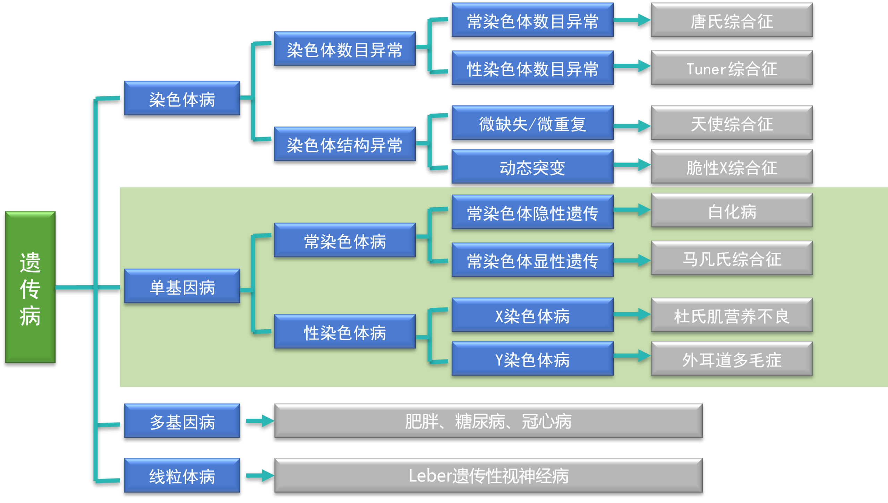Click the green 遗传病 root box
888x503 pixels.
(x=30, y=287)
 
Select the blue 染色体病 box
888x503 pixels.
(x=182, y=98)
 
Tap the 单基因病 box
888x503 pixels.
(x=182, y=286)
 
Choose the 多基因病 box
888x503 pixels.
(x=182, y=421)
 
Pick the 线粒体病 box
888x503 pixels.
(x=182, y=475)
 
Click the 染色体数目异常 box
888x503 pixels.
(x=344, y=49)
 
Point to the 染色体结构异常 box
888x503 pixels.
(x=344, y=144)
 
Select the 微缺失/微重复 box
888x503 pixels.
(x=532, y=123)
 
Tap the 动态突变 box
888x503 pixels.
(x=532, y=167)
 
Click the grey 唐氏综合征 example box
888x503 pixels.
(x=732, y=20)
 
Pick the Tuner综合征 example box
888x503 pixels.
(x=732, y=68)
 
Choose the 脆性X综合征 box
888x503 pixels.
(x=732, y=167)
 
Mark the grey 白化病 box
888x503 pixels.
(x=732, y=211)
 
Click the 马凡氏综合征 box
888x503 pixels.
(x=732, y=259)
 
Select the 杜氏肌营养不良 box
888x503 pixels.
(x=732, y=315)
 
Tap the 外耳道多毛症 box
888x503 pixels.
(x=732, y=359)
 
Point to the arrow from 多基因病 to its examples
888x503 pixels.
(x=260, y=421)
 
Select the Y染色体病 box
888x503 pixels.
(x=532, y=359)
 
